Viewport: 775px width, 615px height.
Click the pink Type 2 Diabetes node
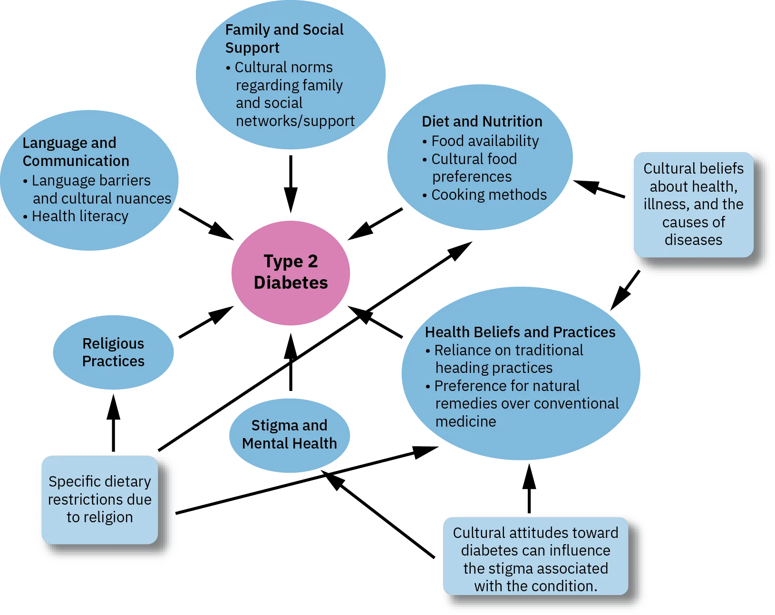(x=291, y=273)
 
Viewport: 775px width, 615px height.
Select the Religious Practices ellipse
(x=113, y=352)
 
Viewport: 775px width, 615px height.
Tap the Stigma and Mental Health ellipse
(x=289, y=434)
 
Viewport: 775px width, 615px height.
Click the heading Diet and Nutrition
(x=482, y=122)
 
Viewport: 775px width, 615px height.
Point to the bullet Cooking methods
(x=488, y=195)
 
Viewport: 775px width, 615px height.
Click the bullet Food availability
(x=484, y=141)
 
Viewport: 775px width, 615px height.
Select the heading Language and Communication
(x=76, y=152)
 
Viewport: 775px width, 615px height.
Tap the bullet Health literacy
(x=79, y=216)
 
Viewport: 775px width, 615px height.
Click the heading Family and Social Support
(x=284, y=39)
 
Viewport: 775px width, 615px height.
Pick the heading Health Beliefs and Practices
(x=520, y=332)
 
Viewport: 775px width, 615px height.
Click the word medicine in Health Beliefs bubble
(x=465, y=422)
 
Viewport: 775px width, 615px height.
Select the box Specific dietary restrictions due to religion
(x=100, y=499)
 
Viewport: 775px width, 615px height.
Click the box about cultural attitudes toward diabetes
(x=535, y=559)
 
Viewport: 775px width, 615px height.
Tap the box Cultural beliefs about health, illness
(x=693, y=205)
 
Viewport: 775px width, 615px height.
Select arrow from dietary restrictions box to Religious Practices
(x=113, y=421)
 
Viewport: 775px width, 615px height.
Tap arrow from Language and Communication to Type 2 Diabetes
(x=205, y=224)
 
